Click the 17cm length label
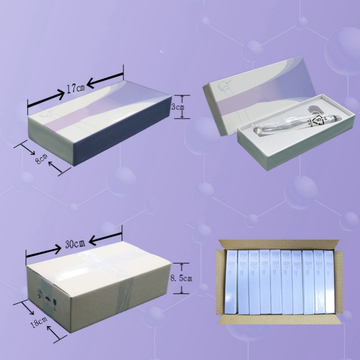tap(75, 89)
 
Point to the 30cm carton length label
tap(75, 244)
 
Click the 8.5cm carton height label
tap(181, 279)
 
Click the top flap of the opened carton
tap(279, 243)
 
